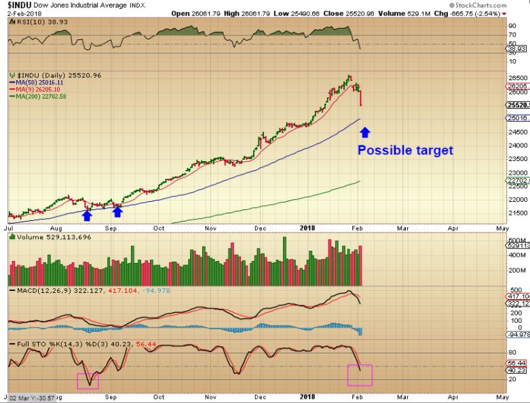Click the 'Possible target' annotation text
[404, 151]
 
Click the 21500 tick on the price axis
[518, 213]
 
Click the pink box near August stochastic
[88, 381]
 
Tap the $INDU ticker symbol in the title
[15, 5]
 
